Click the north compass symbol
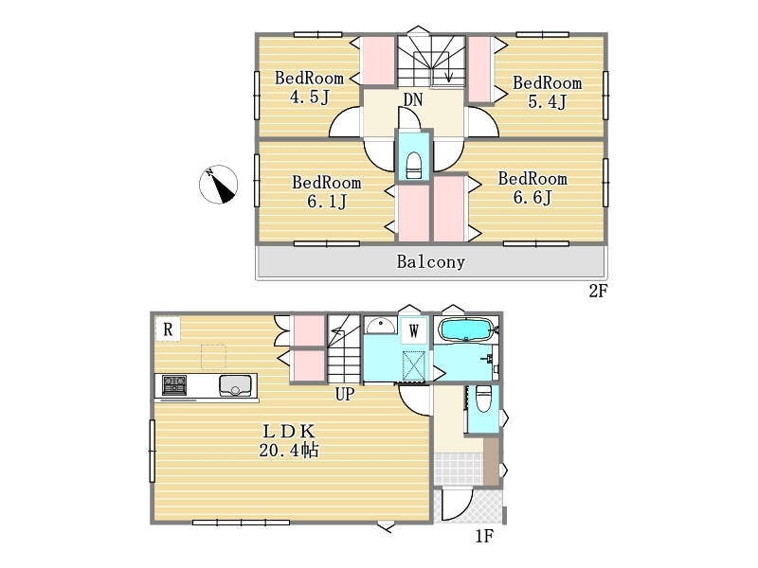(x=219, y=184)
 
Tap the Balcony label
(x=431, y=262)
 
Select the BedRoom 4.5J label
(x=310, y=87)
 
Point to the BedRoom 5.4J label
(x=548, y=92)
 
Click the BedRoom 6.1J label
(x=327, y=192)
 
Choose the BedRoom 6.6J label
(x=532, y=187)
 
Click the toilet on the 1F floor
(x=483, y=399)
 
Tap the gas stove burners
(x=174, y=385)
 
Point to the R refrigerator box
(x=168, y=328)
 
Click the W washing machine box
(x=414, y=330)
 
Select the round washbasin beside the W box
(x=381, y=325)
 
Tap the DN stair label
(x=413, y=100)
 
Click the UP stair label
(x=345, y=394)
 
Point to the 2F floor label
(x=598, y=291)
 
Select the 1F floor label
(x=484, y=536)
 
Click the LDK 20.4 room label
(x=289, y=440)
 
